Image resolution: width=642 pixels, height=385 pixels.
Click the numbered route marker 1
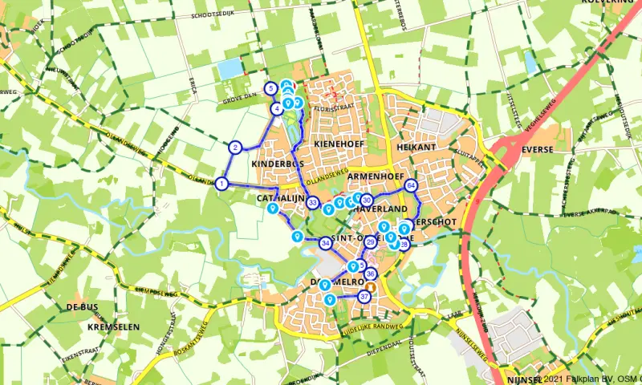pyautogui.click(x=221, y=184)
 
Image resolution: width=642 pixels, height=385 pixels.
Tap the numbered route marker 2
pyautogui.click(x=235, y=147)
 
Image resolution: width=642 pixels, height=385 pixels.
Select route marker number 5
pyautogui.click(x=271, y=88)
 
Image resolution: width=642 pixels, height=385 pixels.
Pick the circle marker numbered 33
pyautogui.click(x=313, y=203)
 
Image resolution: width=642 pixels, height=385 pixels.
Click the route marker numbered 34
pyautogui.click(x=325, y=243)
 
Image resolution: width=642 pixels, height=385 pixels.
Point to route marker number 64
pyautogui.click(x=411, y=185)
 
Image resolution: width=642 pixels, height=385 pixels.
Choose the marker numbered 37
pyautogui.click(x=364, y=296)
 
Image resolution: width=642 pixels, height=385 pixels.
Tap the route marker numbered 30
pyautogui.click(x=367, y=200)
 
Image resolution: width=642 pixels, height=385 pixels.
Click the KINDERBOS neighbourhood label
pyautogui.click(x=276, y=164)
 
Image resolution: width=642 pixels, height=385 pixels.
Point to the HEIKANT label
pyautogui.click(x=415, y=148)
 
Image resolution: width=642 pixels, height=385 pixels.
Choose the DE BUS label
pyautogui.click(x=82, y=307)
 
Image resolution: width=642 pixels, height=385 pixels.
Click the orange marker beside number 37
pyautogui.click(x=372, y=286)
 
